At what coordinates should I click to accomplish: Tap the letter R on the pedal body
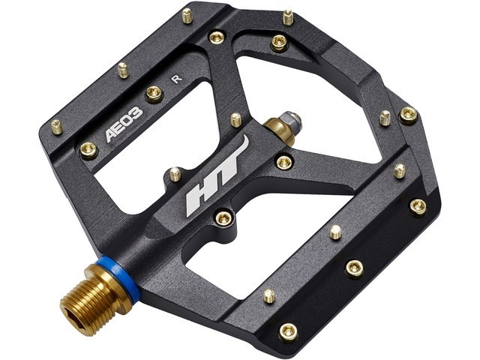click(177, 79)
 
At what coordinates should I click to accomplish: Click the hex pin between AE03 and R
click(154, 93)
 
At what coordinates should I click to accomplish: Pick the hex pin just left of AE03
click(88, 151)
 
